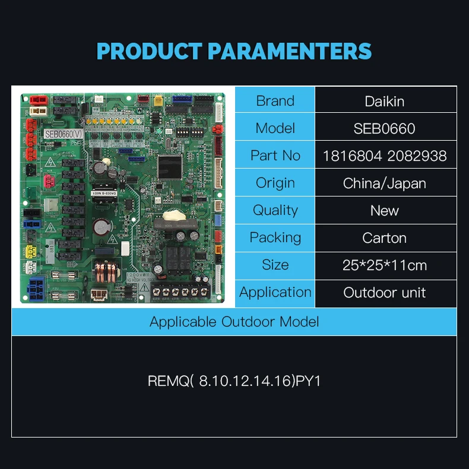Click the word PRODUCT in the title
pyautogui.click(x=149, y=51)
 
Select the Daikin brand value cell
pyautogui.click(x=385, y=101)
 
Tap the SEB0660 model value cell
pyautogui.click(x=385, y=128)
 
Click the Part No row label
pyautogui.click(x=275, y=156)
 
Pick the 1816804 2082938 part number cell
pyautogui.click(x=385, y=156)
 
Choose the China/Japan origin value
pyautogui.click(x=385, y=183)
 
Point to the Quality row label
pyautogui.click(x=275, y=210)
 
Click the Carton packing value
pyautogui.click(x=385, y=237)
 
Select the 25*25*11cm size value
pyautogui.click(x=385, y=265)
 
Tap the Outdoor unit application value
pyautogui.click(x=385, y=292)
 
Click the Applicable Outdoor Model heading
pyautogui.click(x=234, y=322)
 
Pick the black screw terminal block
pyautogui.click(x=178, y=291)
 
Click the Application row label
pyautogui.click(x=275, y=292)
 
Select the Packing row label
pyautogui.click(x=275, y=237)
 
